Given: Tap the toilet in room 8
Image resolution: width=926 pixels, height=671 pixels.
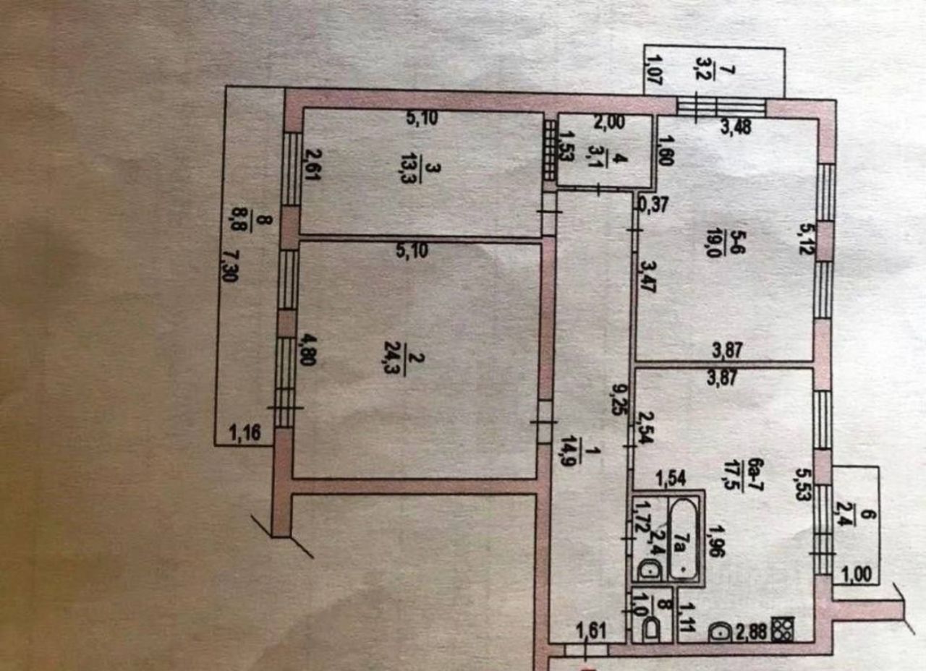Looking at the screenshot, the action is pos(651,628).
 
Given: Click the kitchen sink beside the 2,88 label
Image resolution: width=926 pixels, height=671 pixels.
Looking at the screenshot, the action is pos(721,631).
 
